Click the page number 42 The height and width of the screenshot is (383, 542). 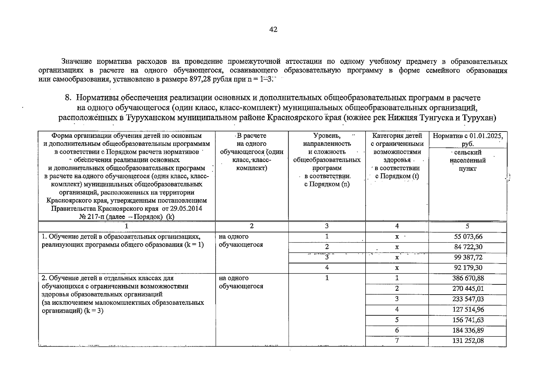(273, 30)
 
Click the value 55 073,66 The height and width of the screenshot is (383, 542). (468, 237)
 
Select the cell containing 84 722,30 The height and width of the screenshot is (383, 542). (468, 247)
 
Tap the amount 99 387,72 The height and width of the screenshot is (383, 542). (468, 258)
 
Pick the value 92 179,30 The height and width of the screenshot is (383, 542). (468, 268)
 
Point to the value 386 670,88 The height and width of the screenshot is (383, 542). (468, 278)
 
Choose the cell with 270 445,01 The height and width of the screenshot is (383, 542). (468, 289)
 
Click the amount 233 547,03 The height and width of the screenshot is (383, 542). (468, 299)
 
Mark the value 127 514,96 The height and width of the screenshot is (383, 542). (468, 310)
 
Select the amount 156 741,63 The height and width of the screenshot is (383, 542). (468, 320)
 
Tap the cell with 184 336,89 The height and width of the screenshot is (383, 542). (468, 330)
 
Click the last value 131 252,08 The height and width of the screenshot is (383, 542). (468, 341)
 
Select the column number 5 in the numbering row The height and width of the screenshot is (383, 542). (467, 226)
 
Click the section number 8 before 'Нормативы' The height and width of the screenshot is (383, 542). (67, 97)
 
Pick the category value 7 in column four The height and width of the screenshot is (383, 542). (397, 341)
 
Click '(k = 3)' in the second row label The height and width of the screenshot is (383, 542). (94, 311)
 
